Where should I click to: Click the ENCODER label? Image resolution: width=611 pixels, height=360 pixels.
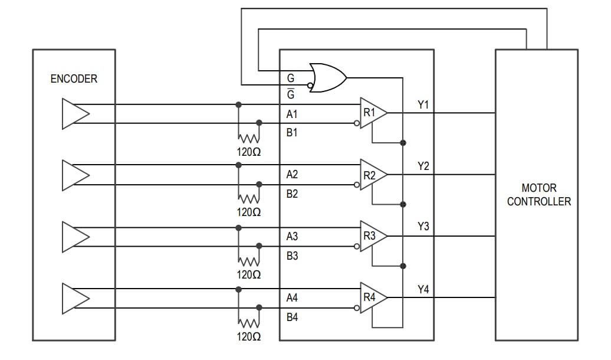[x=74, y=78]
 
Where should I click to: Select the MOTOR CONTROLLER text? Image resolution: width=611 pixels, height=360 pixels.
[x=538, y=195]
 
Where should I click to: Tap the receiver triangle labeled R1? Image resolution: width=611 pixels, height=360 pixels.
[x=372, y=113]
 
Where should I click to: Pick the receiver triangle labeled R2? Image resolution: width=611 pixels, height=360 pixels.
[x=372, y=175]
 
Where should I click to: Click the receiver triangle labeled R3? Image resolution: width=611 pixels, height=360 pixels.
[x=372, y=236]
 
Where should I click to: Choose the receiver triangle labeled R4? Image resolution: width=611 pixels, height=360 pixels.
[x=372, y=297]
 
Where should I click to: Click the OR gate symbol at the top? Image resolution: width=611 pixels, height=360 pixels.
[x=327, y=77]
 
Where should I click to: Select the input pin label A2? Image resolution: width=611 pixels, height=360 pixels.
[x=292, y=175]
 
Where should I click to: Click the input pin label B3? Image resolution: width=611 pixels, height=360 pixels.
[x=292, y=256]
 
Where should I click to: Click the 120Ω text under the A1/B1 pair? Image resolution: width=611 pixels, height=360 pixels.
[x=249, y=150]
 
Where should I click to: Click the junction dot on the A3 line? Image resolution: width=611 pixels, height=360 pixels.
[x=238, y=228]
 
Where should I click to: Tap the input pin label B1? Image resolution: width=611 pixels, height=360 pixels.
[x=292, y=133]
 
